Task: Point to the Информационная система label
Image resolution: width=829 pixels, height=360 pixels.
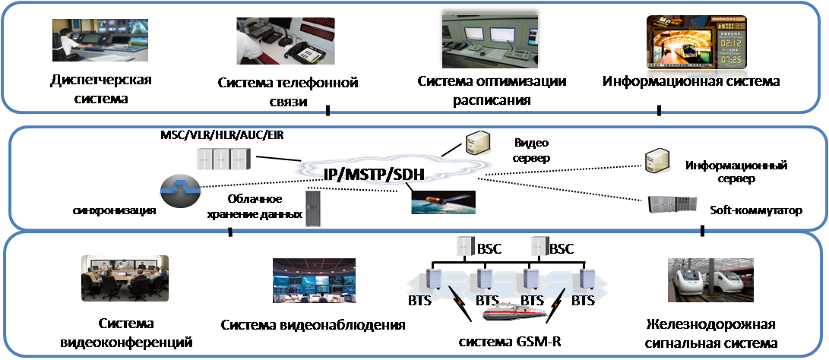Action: click(x=691, y=80)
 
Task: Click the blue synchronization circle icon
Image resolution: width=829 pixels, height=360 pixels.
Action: click(x=180, y=189)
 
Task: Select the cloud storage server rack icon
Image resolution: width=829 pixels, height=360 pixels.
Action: click(x=312, y=209)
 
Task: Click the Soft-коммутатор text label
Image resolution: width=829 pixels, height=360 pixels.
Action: click(x=756, y=210)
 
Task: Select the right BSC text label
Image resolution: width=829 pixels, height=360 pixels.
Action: click(x=562, y=248)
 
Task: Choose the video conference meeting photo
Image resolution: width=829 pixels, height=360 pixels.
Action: click(x=125, y=278)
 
